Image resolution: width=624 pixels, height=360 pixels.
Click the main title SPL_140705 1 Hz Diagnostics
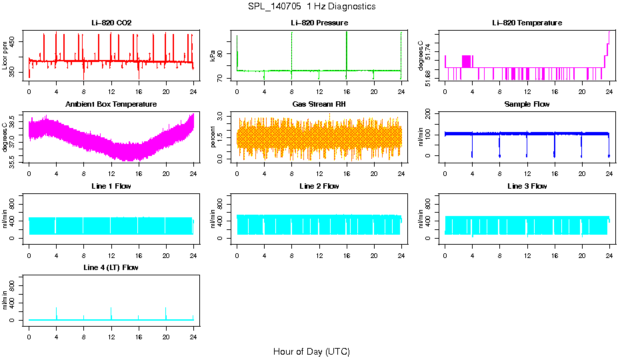[312, 7]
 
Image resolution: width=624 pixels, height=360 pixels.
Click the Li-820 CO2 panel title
[111, 23]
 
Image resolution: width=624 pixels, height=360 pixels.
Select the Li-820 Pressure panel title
[319, 23]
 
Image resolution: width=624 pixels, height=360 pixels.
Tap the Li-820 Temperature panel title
[527, 23]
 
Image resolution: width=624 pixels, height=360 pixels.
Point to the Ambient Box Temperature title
[111, 104]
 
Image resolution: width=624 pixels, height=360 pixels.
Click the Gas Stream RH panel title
[319, 104]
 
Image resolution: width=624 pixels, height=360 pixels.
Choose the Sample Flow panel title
[527, 104]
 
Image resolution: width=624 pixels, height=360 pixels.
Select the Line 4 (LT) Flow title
[111, 267]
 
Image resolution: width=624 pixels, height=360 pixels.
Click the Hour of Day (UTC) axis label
[311, 351]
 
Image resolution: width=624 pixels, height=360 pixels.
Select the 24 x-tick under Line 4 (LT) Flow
[193, 331]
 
